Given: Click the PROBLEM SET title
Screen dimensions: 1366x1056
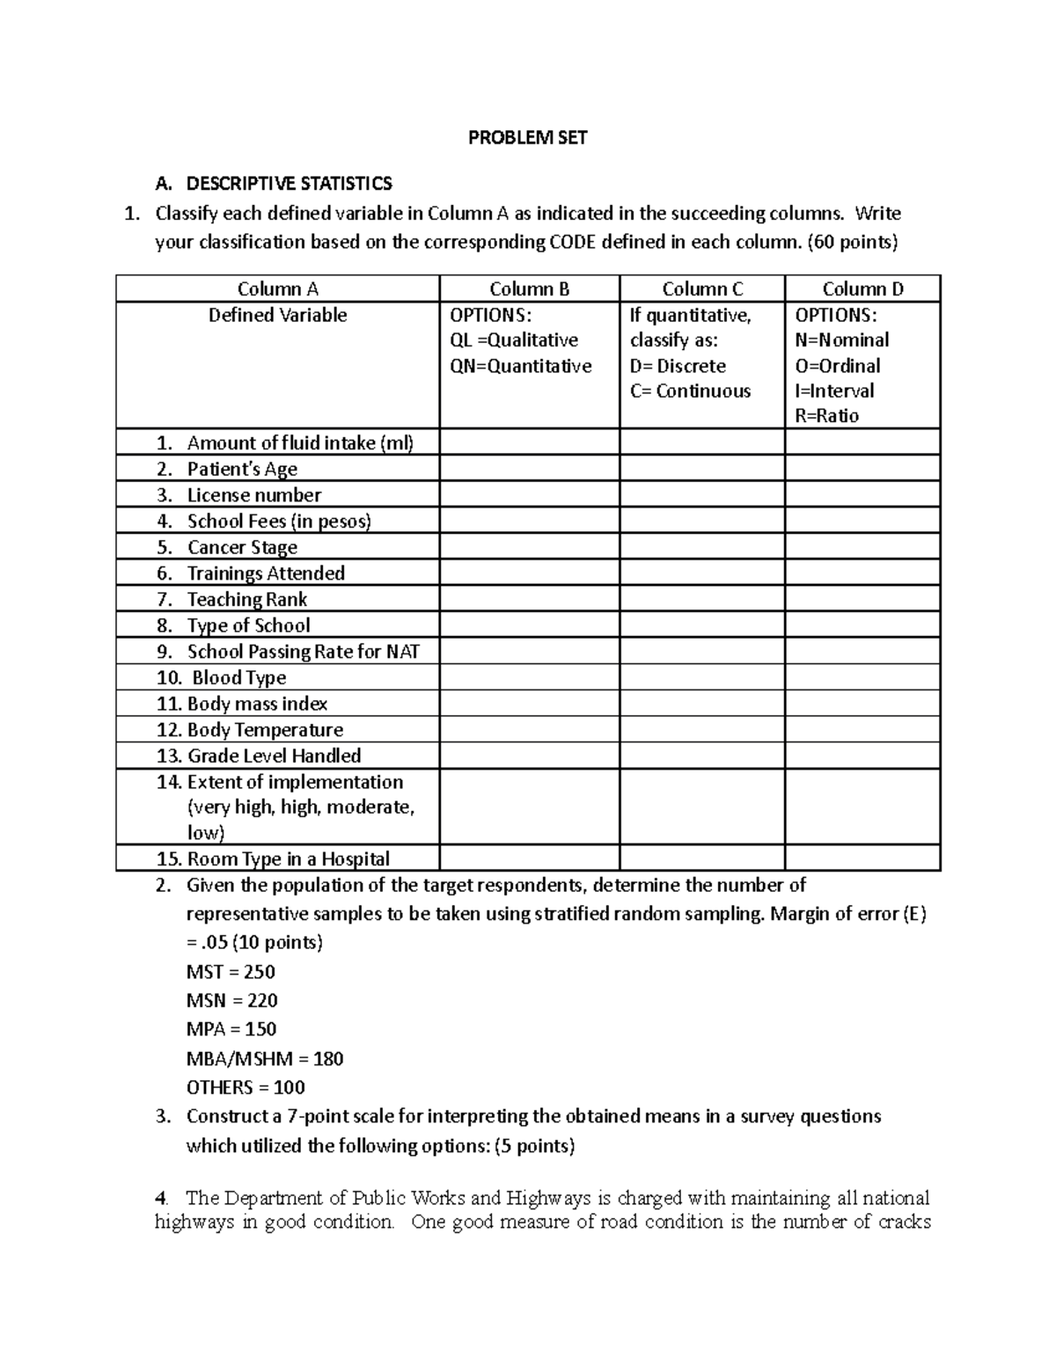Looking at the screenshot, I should point(527,137).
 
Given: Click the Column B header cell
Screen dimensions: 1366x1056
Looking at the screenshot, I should point(529,289).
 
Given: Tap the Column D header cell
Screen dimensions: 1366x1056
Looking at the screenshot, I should point(862,289).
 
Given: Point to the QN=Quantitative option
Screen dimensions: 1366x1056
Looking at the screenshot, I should point(521,366).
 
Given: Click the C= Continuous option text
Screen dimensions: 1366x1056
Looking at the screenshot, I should point(690,391).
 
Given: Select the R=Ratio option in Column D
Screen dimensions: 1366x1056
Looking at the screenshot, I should point(826,415).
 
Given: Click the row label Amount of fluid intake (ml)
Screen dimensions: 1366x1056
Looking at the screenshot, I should point(299,442).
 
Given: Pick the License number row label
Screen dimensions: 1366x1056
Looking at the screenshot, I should point(253,494).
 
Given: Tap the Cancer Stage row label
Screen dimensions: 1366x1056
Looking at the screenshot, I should point(242,547).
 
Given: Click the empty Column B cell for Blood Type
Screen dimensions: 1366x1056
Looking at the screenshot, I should point(529,677).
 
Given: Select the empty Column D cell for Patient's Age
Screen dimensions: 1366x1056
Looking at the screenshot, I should point(862,469).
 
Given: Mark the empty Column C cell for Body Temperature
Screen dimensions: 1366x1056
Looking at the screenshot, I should point(701,729).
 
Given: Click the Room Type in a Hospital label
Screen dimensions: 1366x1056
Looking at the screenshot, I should point(288,858).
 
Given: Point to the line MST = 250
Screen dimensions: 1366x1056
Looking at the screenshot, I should point(231,972).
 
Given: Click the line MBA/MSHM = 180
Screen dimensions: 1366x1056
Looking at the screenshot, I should point(265,1058).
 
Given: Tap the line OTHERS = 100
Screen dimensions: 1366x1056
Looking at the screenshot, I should point(246,1087).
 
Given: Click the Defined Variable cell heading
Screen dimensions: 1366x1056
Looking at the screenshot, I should point(277,315).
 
